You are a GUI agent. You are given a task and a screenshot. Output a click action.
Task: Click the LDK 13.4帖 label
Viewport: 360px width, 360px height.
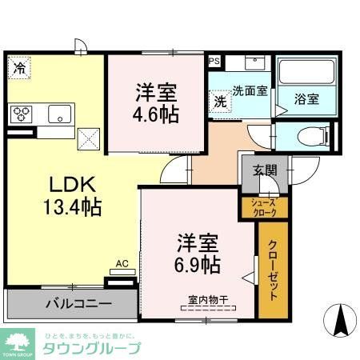[71, 197]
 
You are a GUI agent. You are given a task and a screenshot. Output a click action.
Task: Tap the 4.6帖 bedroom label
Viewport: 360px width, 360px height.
[155, 102]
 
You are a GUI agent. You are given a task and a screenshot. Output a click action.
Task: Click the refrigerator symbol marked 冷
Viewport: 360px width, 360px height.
[18, 69]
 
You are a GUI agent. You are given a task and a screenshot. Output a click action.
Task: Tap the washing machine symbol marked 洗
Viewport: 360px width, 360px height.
[219, 102]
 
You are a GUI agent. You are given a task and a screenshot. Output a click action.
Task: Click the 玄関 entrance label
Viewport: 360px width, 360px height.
[265, 170]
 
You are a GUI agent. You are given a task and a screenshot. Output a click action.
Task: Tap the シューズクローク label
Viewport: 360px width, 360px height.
[264, 207]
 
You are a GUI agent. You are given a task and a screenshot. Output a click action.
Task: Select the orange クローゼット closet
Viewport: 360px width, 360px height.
[272, 270]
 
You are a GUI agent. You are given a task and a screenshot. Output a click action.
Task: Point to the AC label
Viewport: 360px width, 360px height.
[122, 262]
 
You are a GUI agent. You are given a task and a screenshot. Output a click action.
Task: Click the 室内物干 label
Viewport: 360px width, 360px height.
[208, 301]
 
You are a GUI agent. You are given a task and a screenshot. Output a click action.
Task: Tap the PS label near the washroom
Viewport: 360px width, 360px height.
[213, 60]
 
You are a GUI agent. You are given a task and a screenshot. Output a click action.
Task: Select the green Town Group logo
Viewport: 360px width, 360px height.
[18, 341]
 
